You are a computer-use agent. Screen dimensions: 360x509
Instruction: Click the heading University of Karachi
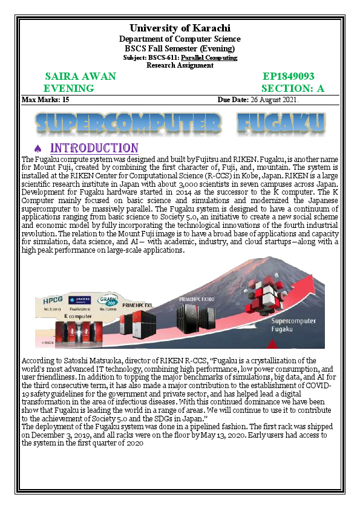point(180,28)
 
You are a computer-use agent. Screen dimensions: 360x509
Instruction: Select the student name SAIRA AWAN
point(80,77)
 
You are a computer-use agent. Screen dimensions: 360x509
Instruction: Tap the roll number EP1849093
point(289,77)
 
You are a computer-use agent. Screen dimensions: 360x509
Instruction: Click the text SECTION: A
point(293,88)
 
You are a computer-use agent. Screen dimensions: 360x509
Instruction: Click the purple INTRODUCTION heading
point(94,148)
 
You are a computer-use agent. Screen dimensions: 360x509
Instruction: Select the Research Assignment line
point(180,65)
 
